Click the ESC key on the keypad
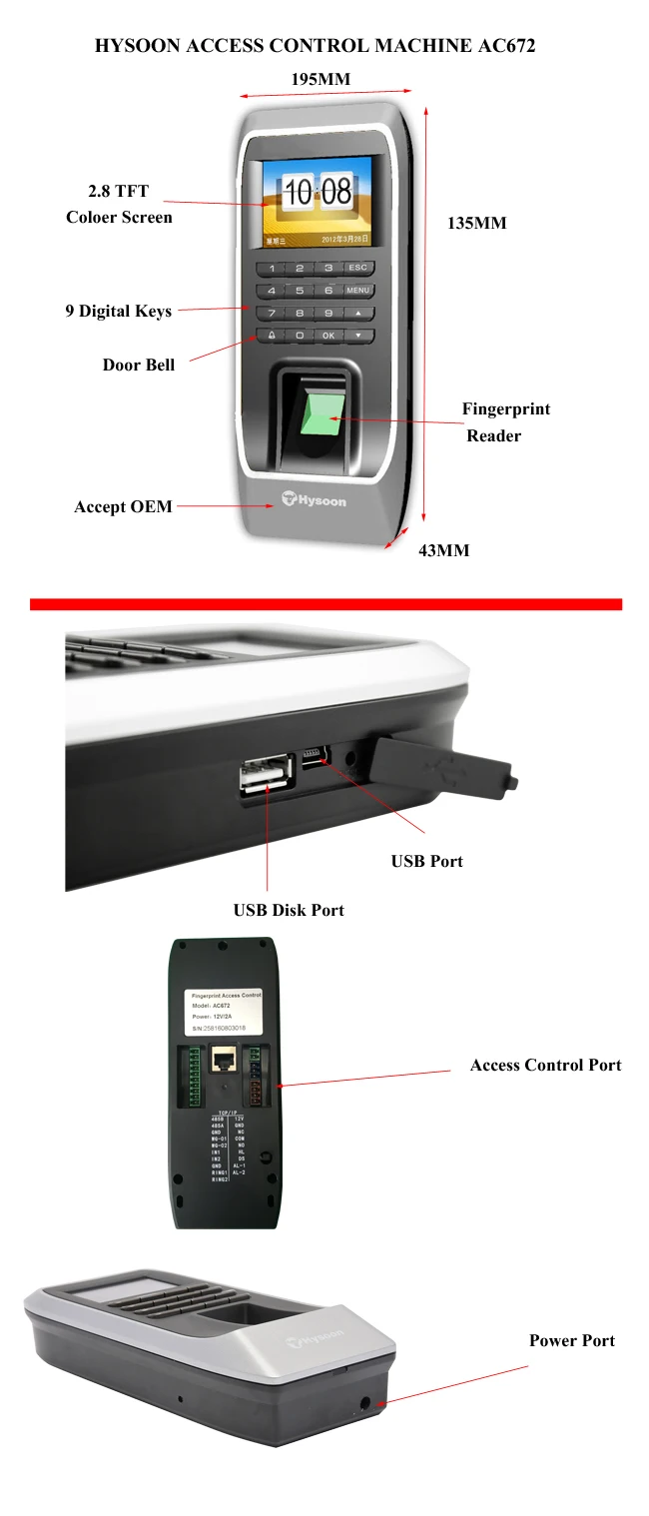click(x=357, y=268)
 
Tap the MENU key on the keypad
click(x=357, y=291)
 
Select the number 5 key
click(x=300, y=291)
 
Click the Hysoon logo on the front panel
click(x=313, y=496)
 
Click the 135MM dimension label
click(x=476, y=223)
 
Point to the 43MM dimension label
click(x=443, y=550)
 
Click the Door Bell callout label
click(x=139, y=365)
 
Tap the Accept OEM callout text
click(x=123, y=506)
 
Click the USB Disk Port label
click(x=289, y=910)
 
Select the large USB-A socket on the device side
click(x=266, y=777)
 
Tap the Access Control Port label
click(x=545, y=1065)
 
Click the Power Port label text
click(x=572, y=1340)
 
